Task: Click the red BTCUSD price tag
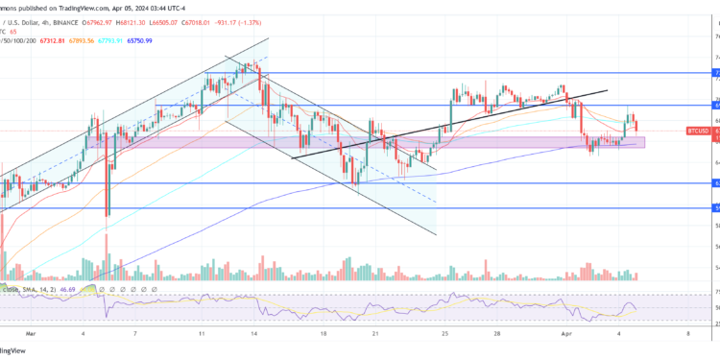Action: click(698, 130)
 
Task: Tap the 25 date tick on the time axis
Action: click(444, 334)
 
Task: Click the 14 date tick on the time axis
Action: click(252, 334)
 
